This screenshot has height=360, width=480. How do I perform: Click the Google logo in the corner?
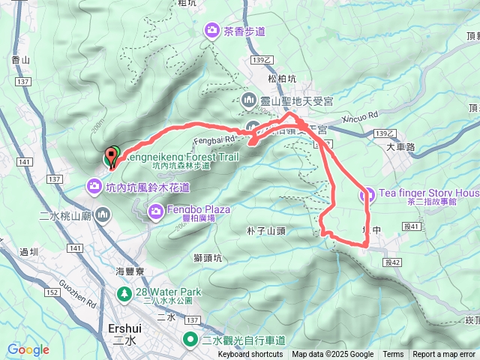click(x=28, y=349)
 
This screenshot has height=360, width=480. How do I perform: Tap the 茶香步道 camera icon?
click(x=213, y=31)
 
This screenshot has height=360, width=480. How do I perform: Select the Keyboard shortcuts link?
click(x=251, y=355)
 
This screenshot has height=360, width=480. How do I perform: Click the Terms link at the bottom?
click(x=393, y=355)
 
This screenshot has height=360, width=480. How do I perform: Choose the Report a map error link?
click(x=444, y=355)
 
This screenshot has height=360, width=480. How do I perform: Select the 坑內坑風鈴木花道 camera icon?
click(x=93, y=185)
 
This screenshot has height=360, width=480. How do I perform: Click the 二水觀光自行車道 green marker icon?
click(x=192, y=340)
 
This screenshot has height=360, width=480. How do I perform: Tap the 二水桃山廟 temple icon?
click(x=103, y=216)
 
